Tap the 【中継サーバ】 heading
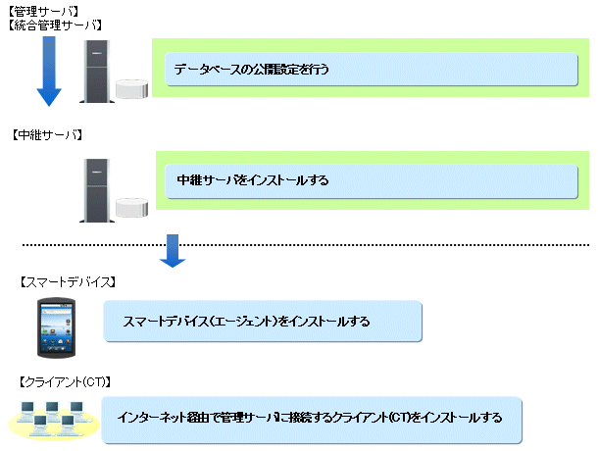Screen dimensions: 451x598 pyautogui.click(x=47, y=133)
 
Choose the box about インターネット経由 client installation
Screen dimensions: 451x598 pyautogui.click(x=311, y=418)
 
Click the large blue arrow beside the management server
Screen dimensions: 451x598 pyautogui.click(x=49, y=74)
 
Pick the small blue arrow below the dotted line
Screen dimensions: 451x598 pyautogui.click(x=174, y=250)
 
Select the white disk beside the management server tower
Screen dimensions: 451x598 pyautogui.click(x=131, y=89)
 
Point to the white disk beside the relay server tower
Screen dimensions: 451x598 pyautogui.click(x=131, y=206)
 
